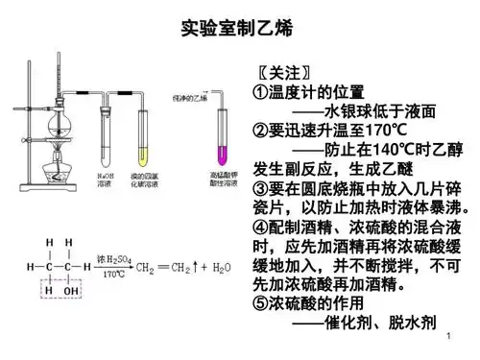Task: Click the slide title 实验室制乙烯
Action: tap(237, 30)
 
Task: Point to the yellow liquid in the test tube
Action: tap(145, 155)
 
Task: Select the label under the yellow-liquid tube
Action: tap(145, 179)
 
